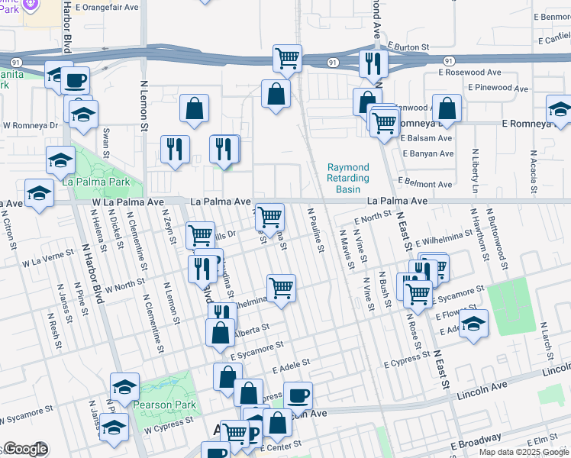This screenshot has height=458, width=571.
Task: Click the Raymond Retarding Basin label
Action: click(x=347, y=178)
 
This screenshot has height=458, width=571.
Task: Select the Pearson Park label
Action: click(x=164, y=405)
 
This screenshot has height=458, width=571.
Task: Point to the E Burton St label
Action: click(x=412, y=47)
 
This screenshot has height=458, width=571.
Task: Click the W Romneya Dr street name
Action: click(x=31, y=124)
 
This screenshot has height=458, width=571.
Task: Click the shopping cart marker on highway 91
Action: click(x=287, y=58)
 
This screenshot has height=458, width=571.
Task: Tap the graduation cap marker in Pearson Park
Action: click(x=124, y=386)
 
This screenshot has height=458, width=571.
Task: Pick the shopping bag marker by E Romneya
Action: click(x=447, y=108)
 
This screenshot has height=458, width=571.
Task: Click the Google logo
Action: click(x=24, y=449)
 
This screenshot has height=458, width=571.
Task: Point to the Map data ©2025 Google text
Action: click(x=523, y=452)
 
